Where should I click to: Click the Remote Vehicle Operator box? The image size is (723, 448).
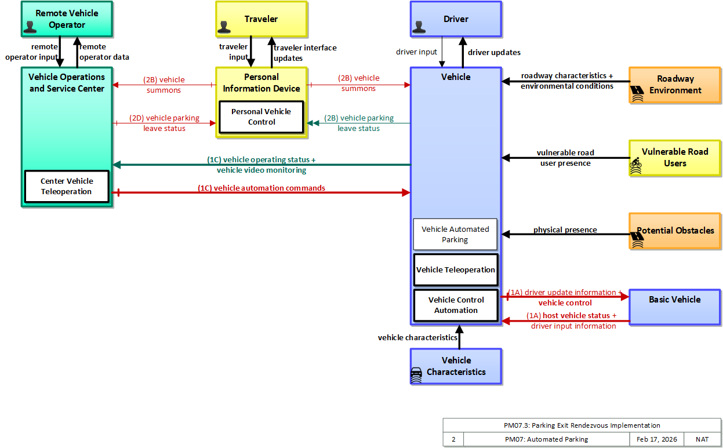67,19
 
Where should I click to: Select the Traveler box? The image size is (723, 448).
261,19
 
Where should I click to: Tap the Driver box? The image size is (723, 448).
456,19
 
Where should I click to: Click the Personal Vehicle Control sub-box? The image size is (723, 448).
261,116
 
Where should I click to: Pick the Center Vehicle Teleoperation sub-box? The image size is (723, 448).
67,187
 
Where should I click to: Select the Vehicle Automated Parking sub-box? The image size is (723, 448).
455,235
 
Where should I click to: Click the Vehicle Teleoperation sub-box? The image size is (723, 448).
456,269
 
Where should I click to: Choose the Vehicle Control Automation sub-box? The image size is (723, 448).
456,305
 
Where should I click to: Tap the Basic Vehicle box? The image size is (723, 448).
674,307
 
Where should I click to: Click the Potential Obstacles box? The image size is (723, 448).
674,231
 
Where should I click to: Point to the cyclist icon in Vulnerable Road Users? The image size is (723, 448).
636,165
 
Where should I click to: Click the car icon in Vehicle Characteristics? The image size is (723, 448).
416,375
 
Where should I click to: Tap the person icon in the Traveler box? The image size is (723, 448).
224,27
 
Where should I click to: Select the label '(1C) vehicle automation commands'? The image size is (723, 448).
261,188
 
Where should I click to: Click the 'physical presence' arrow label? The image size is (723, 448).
565,230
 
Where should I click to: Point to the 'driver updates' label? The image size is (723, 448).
494,52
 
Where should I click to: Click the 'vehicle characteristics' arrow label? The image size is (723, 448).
417,337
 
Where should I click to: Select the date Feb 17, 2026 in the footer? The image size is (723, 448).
656,439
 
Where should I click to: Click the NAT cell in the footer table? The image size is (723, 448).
702,439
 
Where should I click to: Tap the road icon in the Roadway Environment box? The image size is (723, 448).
637,93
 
